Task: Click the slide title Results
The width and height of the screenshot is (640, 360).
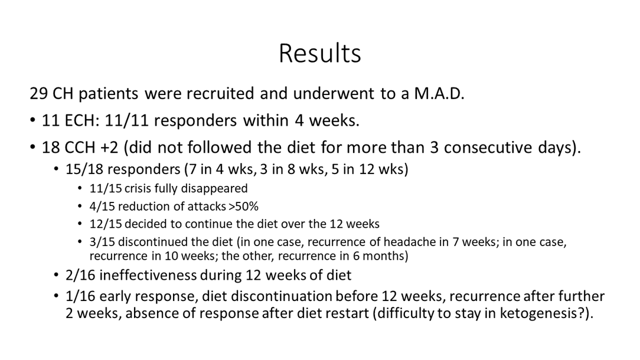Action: pos(320,54)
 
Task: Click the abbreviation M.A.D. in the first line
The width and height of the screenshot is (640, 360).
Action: pos(439,93)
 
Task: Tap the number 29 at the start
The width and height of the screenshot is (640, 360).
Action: pos(38,93)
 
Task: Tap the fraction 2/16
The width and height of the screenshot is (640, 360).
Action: pos(81,275)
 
